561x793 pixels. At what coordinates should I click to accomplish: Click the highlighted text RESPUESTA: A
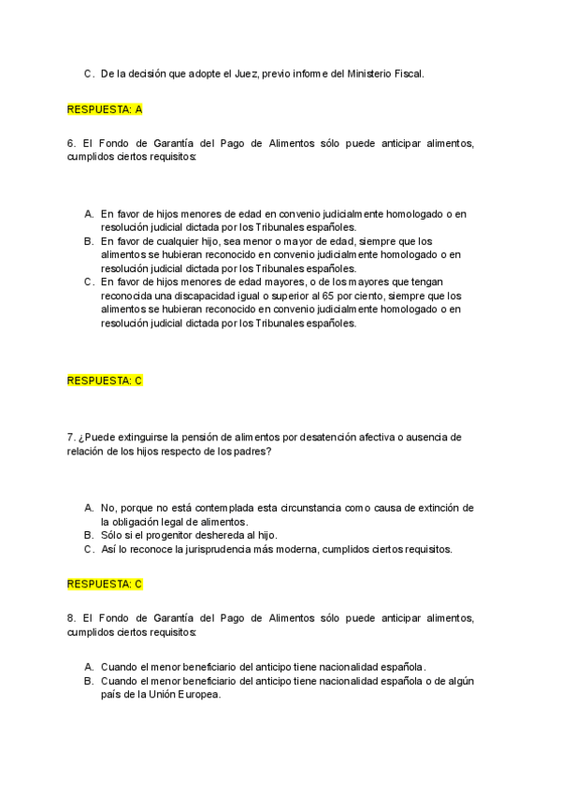click(105, 109)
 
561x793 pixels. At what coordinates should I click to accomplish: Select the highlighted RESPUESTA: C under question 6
click(105, 381)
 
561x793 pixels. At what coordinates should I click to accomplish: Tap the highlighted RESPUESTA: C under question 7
click(105, 584)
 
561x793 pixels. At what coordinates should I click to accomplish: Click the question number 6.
click(71, 143)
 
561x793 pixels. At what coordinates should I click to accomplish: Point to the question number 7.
click(71, 437)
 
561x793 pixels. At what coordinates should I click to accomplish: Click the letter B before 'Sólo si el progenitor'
click(88, 535)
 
